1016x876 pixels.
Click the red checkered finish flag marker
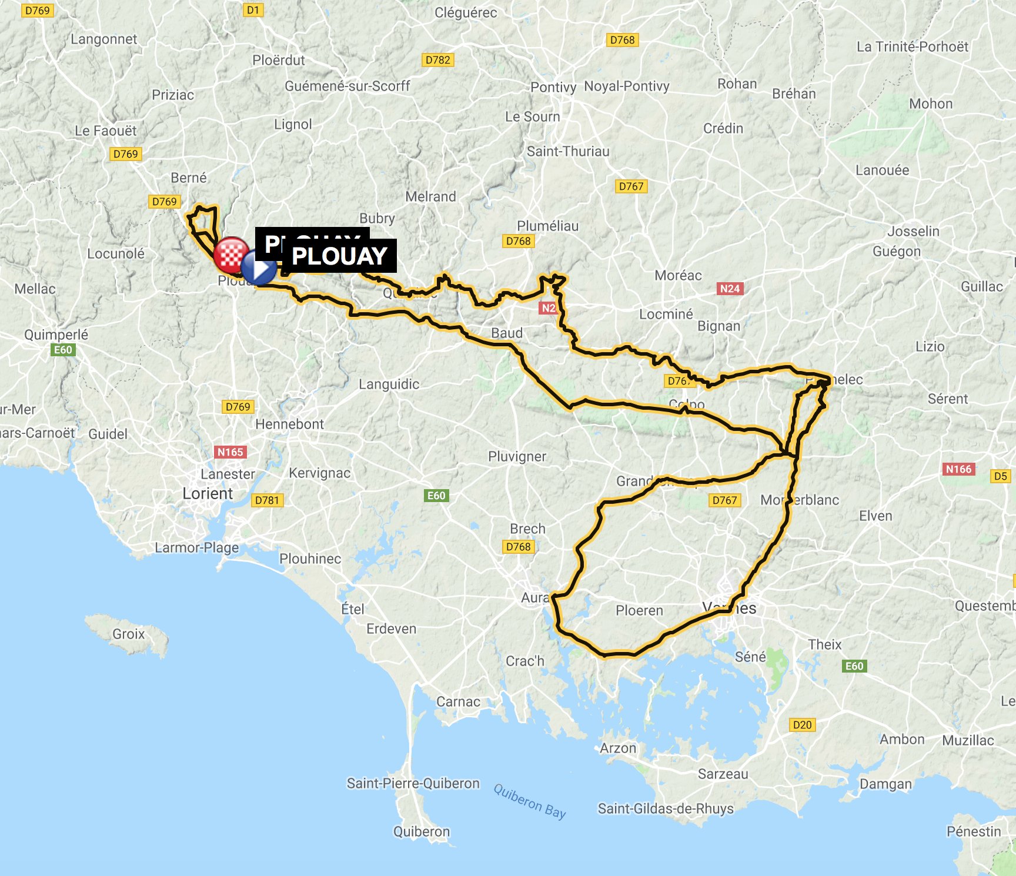pyautogui.click(x=230, y=254)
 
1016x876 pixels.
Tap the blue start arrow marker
pyautogui.click(x=259, y=268)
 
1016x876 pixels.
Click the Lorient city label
pyautogui.click(x=208, y=493)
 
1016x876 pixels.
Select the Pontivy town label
pyautogui.click(x=553, y=87)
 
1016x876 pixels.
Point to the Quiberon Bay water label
pyautogui.click(x=529, y=801)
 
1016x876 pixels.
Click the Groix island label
pyautogui.click(x=128, y=634)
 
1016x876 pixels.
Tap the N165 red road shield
pyautogui.click(x=230, y=452)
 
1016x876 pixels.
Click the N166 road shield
pyautogui.click(x=959, y=469)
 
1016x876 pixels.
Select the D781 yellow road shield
pyautogui.click(x=267, y=500)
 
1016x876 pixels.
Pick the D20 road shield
pyautogui.click(x=802, y=725)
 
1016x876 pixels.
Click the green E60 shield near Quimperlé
pyautogui.click(x=63, y=350)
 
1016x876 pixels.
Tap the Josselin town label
pyautogui.click(x=913, y=231)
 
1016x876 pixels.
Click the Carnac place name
pyautogui.click(x=458, y=701)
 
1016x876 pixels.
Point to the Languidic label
pyautogui.click(x=389, y=384)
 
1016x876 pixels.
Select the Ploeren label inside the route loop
pyautogui.click(x=639, y=610)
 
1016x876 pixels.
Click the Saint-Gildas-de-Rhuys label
pyautogui.click(x=666, y=808)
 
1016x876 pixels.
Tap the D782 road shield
pyautogui.click(x=437, y=60)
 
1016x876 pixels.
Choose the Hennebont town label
pyautogui.click(x=289, y=424)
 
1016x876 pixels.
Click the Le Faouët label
pyautogui.click(x=105, y=131)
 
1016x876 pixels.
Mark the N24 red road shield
pyautogui.click(x=730, y=289)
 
